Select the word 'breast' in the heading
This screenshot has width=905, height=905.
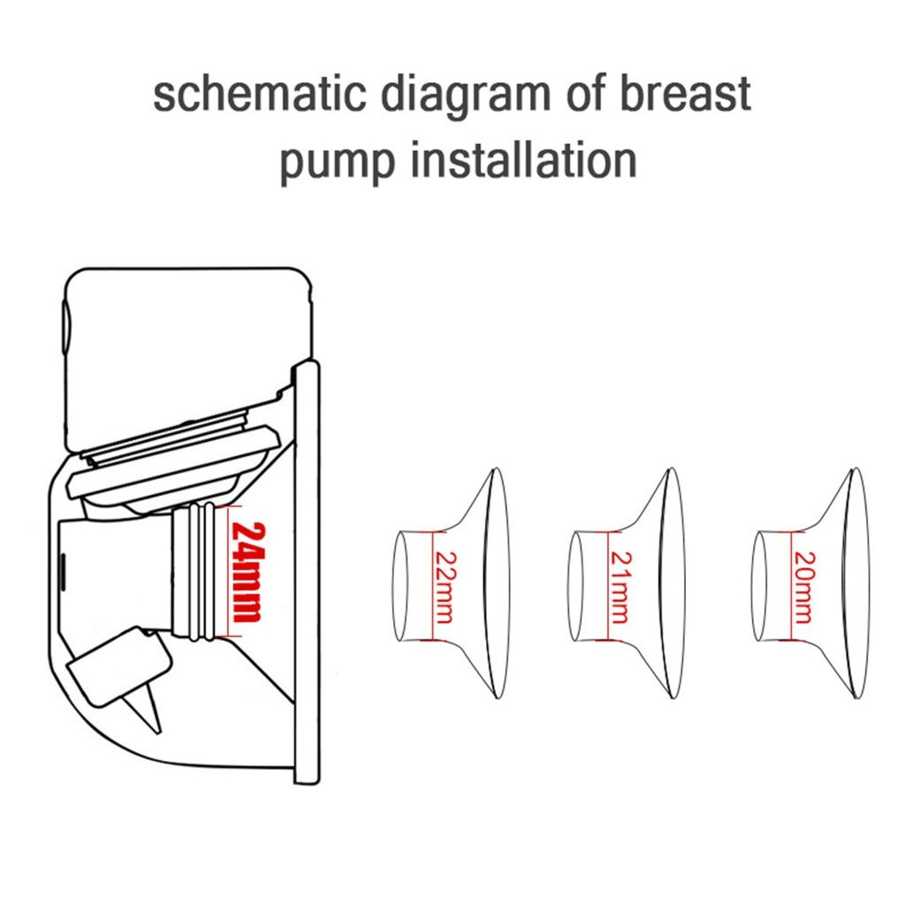685,94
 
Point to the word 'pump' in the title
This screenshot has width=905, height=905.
338,163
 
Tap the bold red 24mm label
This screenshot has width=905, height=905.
248,572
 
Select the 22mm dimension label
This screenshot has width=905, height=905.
445,588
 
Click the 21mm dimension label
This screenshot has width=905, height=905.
621,588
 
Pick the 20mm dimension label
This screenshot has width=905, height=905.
804,588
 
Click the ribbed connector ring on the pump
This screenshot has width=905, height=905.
194,572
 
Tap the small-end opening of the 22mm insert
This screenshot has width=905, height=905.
400,586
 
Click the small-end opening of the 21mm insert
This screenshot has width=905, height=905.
576,586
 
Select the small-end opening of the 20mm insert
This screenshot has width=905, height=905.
760,586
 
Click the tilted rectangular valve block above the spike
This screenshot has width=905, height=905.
119,665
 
